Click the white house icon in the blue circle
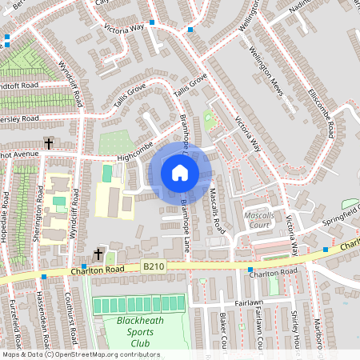point(180,172)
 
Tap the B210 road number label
point(154,266)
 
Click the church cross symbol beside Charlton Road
point(98,254)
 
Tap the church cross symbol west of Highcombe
point(49,143)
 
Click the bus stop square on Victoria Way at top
point(190,30)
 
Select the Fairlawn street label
point(249,304)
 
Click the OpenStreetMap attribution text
point(80,354)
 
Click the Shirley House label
point(295,334)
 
